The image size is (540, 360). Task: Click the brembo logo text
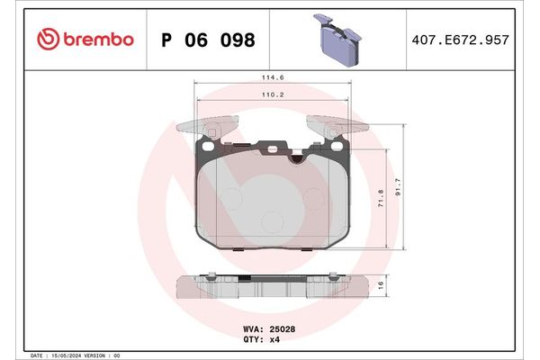click(x=98, y=40)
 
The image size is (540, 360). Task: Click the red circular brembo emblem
click(x=48, y=40)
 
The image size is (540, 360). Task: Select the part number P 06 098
click(x=207, y=40)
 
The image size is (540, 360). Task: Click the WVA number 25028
click(x=281, y=330)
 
